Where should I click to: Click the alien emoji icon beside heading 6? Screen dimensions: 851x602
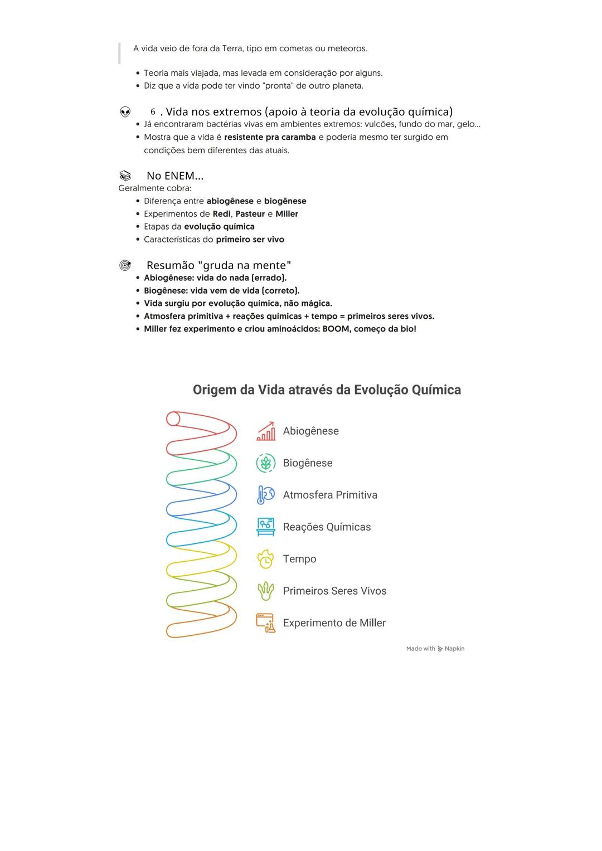point(125,112)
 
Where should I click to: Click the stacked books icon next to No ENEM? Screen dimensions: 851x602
point(125,176)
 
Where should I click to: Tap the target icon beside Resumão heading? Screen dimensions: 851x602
point(125,265)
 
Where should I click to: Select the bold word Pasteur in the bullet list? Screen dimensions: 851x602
point(250,214)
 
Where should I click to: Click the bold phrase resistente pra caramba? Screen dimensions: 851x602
point(270,137)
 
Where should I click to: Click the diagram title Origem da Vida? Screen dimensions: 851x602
point(327,390)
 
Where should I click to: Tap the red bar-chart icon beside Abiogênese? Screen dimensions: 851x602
point(266,431)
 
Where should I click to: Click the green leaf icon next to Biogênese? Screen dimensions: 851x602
point(266,463)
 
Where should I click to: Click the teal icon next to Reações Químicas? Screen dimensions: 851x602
point(266,527)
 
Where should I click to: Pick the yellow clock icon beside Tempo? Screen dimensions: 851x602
point(266,559)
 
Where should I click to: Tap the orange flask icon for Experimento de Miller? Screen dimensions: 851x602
point(266,623)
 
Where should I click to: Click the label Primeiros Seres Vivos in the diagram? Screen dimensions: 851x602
point(334,591)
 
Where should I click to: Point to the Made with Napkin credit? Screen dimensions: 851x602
point(435,649)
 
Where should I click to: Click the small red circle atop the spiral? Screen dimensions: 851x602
point(173,419)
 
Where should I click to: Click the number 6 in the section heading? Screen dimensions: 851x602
point(153,112)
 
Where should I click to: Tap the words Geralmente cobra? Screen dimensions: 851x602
point(155,188)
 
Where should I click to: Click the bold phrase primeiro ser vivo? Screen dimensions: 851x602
point(250,240)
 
